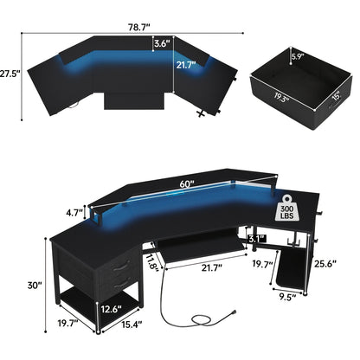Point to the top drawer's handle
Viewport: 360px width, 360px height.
(x=119, y=263)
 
